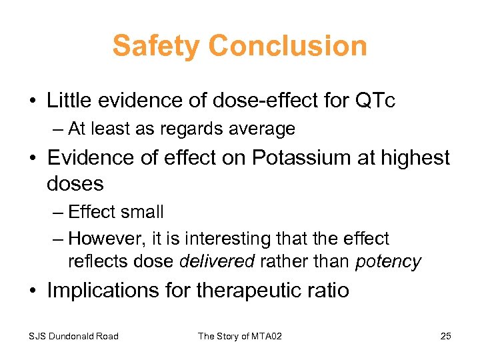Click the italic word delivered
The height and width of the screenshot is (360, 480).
217,261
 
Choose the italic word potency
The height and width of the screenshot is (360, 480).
388,261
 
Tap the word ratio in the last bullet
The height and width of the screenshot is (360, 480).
327,291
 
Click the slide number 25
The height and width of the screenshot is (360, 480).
445,336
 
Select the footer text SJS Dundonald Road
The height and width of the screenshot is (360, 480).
74,336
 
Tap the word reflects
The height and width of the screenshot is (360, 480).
91,261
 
